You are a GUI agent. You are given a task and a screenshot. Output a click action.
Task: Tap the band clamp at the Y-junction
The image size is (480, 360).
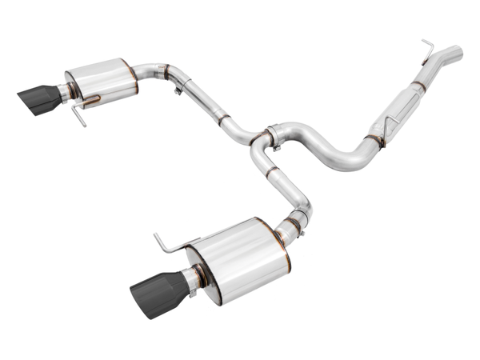[x=272, y=135]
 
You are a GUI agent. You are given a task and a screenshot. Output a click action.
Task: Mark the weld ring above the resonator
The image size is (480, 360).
[x=418, y=84]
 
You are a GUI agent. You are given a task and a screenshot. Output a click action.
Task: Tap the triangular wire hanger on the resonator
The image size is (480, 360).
[x=388, y=124]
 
